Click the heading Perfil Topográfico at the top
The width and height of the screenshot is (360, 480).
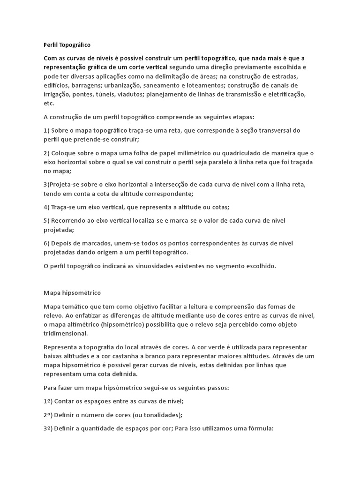tap(67, 45)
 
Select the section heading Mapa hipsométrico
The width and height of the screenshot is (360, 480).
tap(72, 293)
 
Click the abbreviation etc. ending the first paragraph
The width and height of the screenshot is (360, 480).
tap(49, 103)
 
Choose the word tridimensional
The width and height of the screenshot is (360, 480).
tap(65, 333)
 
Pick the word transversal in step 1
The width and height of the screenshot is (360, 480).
tap(272, 130)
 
